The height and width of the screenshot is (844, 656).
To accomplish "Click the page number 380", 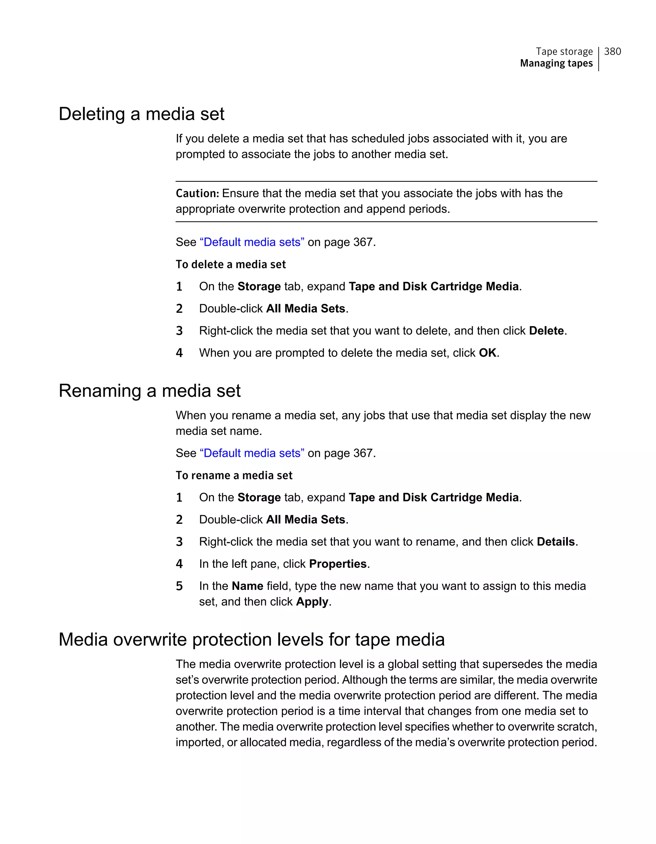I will tap(612, 51).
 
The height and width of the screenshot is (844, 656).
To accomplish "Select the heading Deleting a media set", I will tap(141, 114).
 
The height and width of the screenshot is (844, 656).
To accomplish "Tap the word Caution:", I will tap(197, 193).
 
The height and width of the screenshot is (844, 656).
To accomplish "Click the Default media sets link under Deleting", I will tap(252, 242).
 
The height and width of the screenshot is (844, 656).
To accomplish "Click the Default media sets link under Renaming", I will tap(252, 453).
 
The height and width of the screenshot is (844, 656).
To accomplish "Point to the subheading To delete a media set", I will tap(231, 265).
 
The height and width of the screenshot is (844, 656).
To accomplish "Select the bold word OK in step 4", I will tap(487, 353).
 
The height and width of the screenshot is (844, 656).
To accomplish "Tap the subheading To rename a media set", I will tap(234, 476).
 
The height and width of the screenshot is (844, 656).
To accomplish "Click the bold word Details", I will tap(556, 542).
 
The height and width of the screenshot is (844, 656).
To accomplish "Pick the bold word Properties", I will tap(338, 564).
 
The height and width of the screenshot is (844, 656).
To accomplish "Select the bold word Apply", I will tap(312, 602).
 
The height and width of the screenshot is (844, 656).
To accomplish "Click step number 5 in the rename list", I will tap(179, 586).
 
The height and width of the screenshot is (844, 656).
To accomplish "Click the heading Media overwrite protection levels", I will tap(251, 639).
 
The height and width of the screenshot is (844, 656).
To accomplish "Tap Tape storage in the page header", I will tap(564, 51).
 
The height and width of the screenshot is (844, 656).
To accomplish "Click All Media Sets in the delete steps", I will tap(305, 309).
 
